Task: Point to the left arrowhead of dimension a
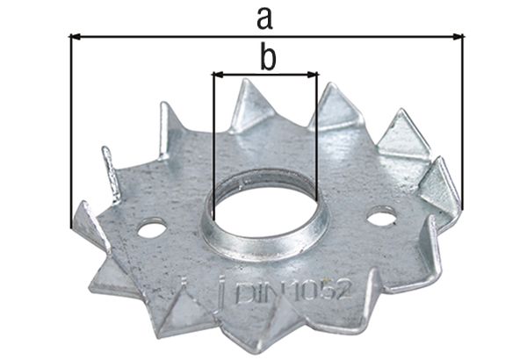75,37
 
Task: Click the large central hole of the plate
263,206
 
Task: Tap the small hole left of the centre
151,231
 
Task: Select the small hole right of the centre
381,215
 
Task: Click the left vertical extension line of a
69,132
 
